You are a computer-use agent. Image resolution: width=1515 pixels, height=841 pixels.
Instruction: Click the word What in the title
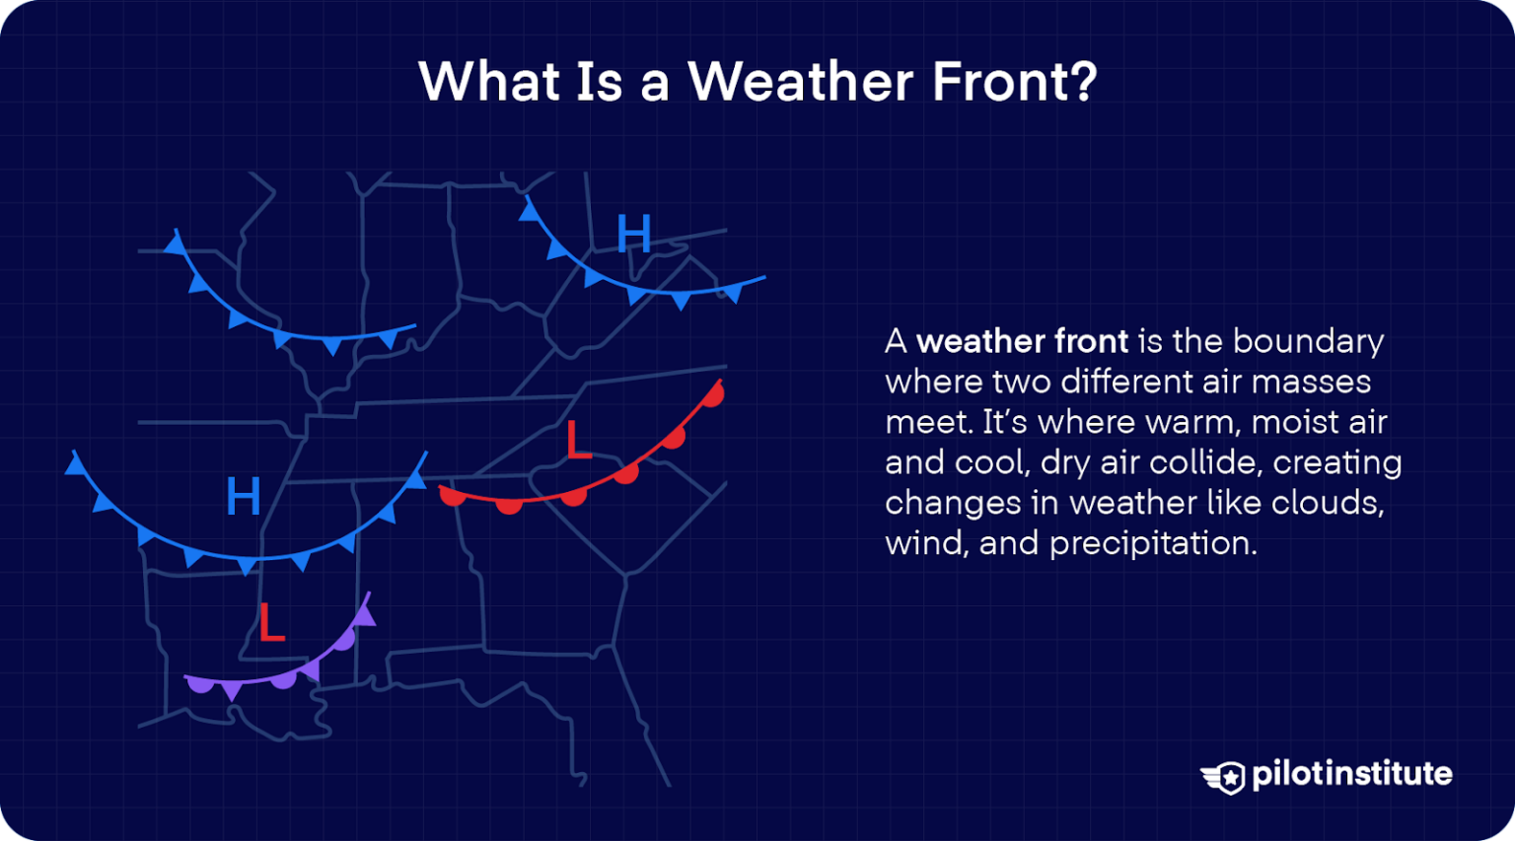pyautogui.click(x=489, y=81)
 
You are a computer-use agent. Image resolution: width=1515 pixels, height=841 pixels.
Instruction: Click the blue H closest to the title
pyautogui.click(x=633, y=235)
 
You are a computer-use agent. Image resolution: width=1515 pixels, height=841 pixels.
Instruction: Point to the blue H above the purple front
pyautogui.click(x=243, y=496)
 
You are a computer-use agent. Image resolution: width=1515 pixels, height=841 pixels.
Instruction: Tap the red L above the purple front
pyautogui.click(x=271, y=622)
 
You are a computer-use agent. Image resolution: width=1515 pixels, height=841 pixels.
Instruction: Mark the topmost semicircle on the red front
pyautogui.click(x=713, y=395)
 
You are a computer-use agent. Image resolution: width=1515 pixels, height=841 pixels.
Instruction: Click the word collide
pyautogui.click(x=1206, y=462)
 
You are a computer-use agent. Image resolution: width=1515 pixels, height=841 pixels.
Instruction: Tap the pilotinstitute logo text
pyautogui.click(x=1351, y=774)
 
